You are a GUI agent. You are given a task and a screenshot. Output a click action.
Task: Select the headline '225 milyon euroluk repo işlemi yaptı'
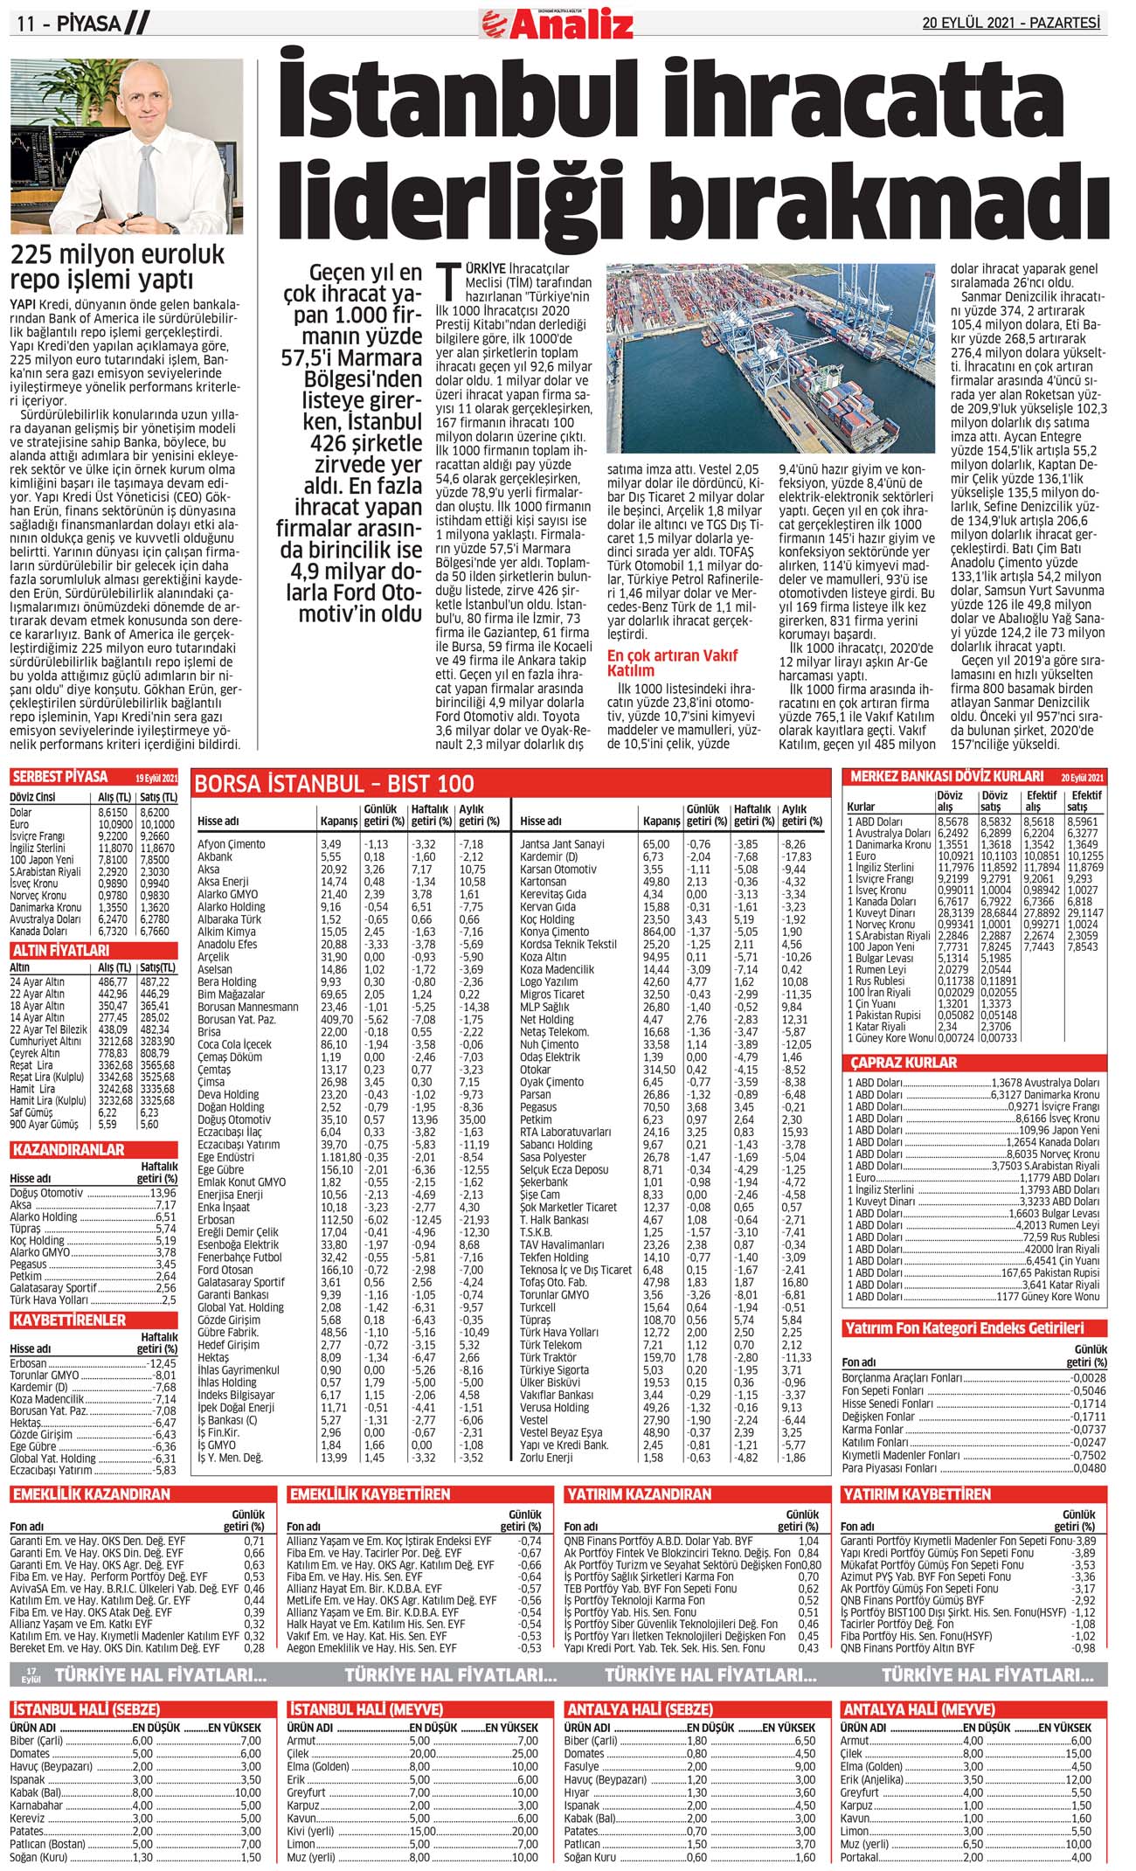(x=117, y=267)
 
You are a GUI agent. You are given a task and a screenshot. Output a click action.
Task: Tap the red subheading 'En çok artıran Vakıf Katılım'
(x=672, y=662)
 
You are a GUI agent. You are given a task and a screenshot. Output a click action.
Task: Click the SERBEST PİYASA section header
(x=60, y=777)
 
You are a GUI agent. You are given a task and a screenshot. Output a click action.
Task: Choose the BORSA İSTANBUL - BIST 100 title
(x=334, y=784)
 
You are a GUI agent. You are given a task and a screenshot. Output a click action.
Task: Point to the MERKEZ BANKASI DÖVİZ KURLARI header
(x=946, y=776)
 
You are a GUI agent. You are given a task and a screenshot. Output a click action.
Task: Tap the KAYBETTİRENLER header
(x=69, y=1320)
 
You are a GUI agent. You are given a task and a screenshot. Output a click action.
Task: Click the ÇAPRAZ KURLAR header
(x=904, y=1063)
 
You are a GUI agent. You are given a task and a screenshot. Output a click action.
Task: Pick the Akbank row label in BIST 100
(x=215, y=856)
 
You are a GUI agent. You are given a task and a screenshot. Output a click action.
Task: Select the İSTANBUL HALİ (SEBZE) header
(x=86, y=1708)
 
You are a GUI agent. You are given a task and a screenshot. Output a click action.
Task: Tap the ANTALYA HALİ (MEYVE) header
(x=918, y=1708)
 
